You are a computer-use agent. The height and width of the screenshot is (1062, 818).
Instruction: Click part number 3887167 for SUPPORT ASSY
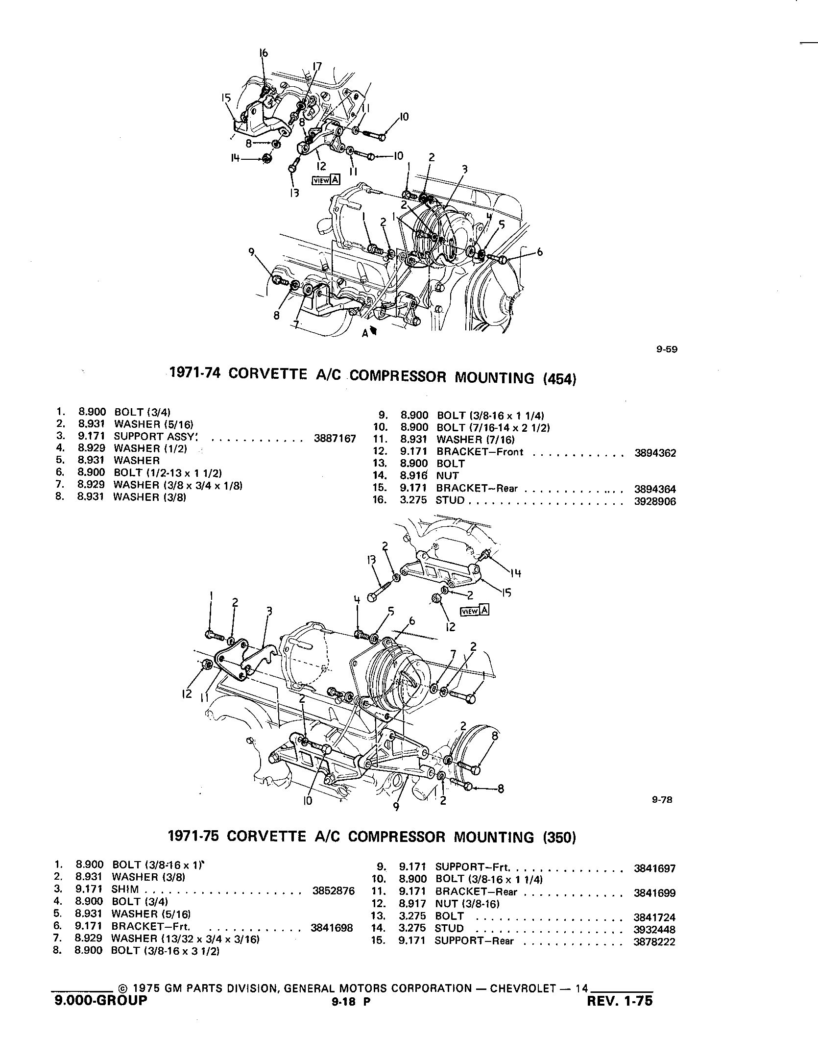335,439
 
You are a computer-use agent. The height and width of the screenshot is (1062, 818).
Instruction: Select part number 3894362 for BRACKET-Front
655,453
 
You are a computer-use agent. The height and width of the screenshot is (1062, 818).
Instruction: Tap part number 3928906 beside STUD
655,501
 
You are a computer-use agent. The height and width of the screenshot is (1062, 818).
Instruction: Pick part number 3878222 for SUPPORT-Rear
654,941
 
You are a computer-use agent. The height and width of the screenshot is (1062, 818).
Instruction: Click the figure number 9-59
667,349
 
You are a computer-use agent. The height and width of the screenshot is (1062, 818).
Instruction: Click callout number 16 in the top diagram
264,53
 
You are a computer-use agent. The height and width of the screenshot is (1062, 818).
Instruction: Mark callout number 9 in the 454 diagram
251,252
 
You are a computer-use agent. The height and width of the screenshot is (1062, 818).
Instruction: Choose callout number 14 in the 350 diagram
515,573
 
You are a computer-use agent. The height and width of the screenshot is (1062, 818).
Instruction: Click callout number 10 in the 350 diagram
308,800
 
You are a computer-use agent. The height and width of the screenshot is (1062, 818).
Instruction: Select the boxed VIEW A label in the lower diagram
475,611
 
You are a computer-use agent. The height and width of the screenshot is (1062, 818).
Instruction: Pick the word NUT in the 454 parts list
447,476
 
